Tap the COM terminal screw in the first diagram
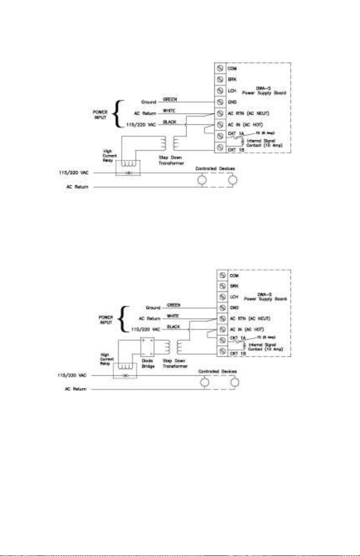tap(218, 69)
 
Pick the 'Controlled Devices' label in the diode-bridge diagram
tap(219, 371)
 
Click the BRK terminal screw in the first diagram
tap(218, 80)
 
